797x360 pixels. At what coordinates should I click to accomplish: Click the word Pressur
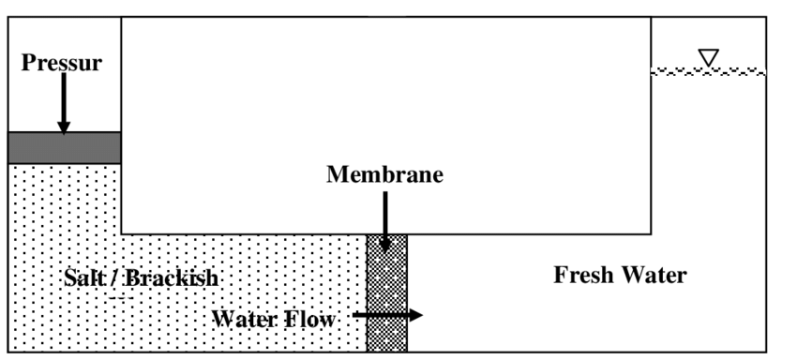coord(61,64)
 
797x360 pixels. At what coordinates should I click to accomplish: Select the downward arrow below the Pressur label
coord(63,103)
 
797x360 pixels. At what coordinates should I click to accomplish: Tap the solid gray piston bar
coord(64,147)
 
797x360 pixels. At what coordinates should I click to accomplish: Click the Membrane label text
coord(384,174)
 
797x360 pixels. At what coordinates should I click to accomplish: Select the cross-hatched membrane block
coord(386,291)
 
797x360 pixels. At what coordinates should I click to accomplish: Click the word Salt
coord(83,277)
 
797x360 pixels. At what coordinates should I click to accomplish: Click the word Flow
coord(310,319)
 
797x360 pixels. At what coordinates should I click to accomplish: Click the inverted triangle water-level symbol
coord(709,57)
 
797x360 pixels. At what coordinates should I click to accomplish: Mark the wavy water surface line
coord(708,71)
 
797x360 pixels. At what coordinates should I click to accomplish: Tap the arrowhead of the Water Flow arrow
coord(415,315)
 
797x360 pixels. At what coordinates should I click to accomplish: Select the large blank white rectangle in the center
coord(385,94)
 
